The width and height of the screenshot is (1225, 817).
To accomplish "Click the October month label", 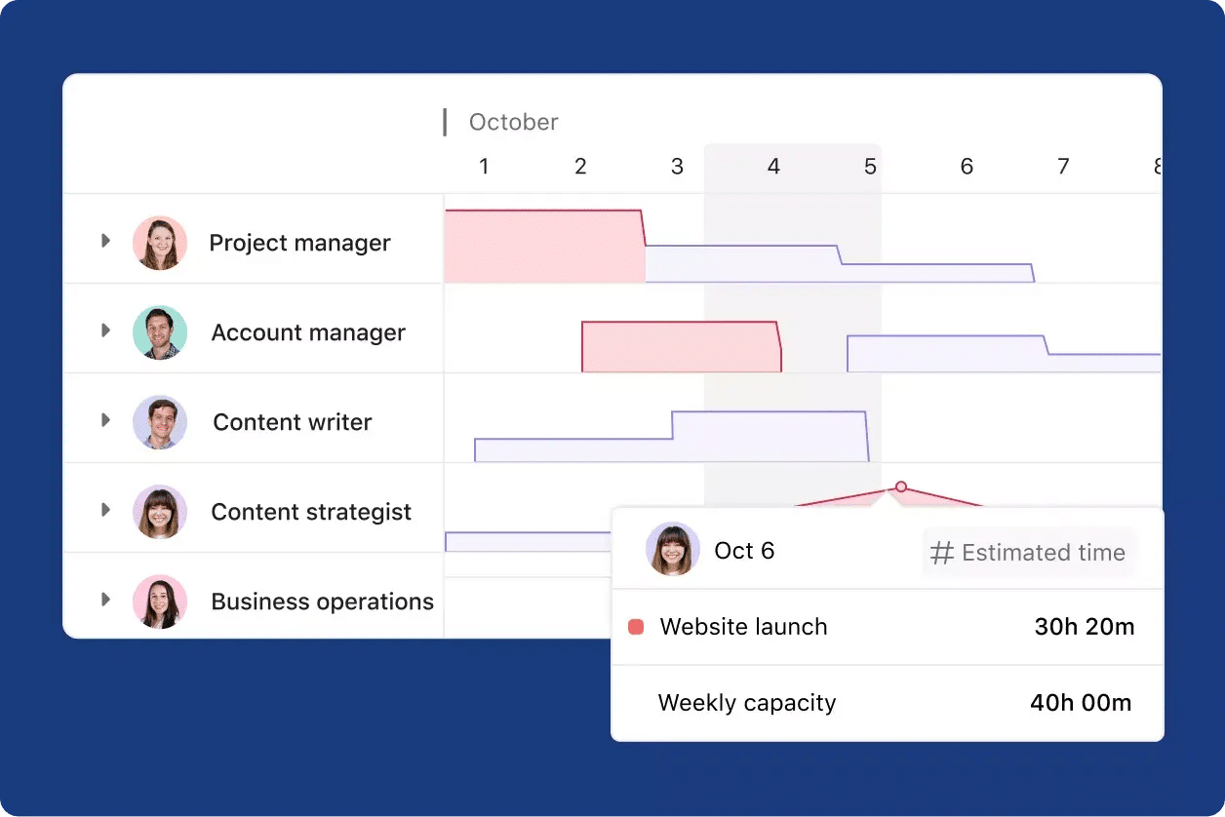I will pos(513,122).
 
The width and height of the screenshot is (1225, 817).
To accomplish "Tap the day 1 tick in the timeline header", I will pos(484,167).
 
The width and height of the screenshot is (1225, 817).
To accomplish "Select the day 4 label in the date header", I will pos(773,167).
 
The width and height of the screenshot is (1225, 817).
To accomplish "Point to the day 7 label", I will pos(1063,167).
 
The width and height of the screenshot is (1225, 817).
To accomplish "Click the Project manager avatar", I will pos(160,243).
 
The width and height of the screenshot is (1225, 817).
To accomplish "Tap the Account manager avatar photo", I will pos(160,332).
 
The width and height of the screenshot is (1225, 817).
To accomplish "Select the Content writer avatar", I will pos(160,422).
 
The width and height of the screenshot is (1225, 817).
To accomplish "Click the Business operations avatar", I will pos(160,602).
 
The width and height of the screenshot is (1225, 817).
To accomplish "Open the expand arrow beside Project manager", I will pos(105,241).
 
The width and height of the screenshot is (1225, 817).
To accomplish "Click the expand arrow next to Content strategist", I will pos(105,510).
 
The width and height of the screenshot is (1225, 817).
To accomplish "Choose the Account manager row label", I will pos(308,332).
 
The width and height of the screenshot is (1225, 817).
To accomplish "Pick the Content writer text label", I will pos(293,422).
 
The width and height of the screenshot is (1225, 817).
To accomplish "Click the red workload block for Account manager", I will pos(681,347).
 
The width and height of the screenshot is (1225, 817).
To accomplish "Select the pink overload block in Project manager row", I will pos(543,246).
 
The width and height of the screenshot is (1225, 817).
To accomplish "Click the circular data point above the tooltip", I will pos(901,486).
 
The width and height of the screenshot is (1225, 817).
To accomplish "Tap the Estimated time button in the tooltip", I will pos(1029,553).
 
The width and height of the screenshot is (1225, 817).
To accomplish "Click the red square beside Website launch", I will pos(636,627).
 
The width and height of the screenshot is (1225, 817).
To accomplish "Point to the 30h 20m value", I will pos(1085,627).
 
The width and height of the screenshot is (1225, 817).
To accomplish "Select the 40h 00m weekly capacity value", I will pos(1081,703).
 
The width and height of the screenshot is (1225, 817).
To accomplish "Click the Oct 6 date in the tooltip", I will pos(744,551).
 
